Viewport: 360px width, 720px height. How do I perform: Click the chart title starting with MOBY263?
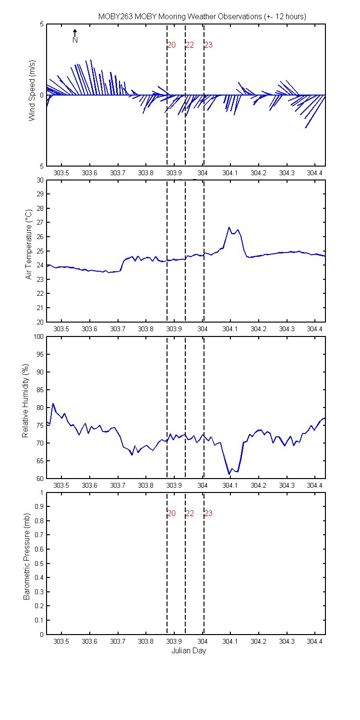(202, 16)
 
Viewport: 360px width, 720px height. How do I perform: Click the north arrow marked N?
(75, 36)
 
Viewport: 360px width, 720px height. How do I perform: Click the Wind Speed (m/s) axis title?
(32, 95)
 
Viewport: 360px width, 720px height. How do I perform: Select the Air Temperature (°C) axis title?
(29, 244)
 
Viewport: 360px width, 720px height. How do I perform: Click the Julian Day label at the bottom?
(188, 651)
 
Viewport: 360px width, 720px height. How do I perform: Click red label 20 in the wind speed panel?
(171, 45)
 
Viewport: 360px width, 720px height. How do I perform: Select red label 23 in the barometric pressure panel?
(208, 514)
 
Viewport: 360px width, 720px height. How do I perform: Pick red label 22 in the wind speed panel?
(190, 45)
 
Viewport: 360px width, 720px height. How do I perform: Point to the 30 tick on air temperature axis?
(40, 180)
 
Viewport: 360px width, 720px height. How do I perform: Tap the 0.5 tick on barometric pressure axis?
(39, 564)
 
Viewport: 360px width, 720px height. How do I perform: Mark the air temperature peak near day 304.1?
(229, 227)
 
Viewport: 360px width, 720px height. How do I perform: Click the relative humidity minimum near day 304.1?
(229, 474)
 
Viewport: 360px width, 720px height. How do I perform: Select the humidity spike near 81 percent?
(53, 404)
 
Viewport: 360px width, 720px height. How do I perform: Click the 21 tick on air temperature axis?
(40, 308)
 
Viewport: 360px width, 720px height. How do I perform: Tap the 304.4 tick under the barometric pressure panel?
(315, 641)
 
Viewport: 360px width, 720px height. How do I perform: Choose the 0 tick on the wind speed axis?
(41, 95)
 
